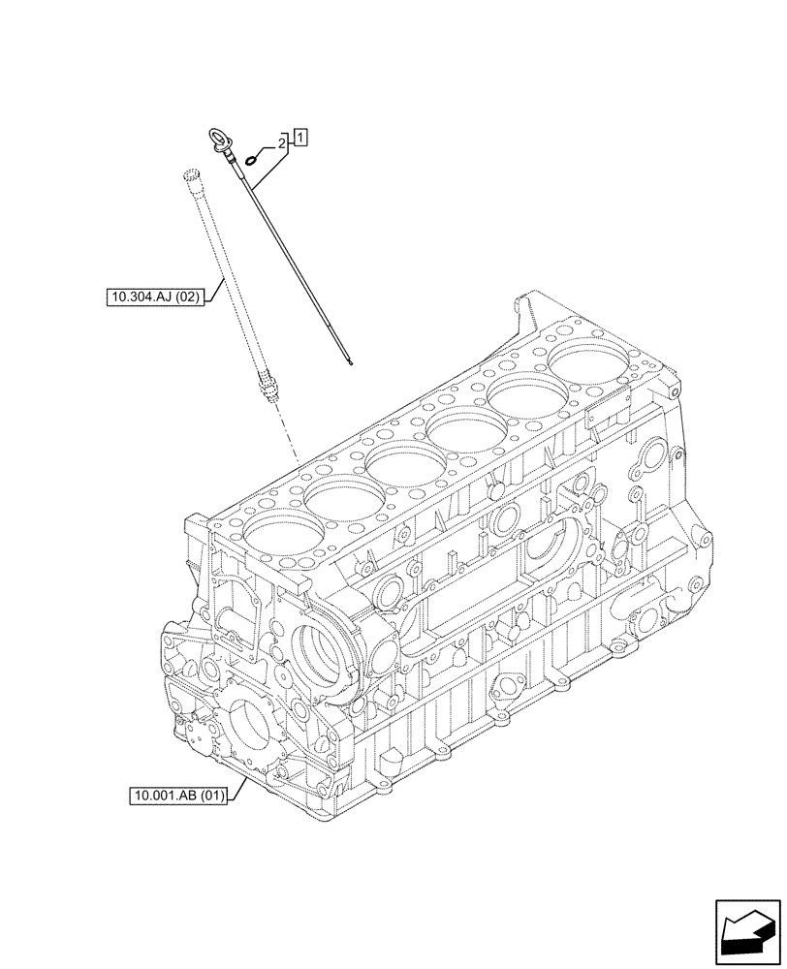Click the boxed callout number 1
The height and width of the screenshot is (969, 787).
tap(301, 138)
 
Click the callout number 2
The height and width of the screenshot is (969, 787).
tap(282, 143)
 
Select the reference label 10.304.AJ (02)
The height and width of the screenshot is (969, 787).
tap(155, 297)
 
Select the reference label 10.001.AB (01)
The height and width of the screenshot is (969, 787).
tap(179, 797)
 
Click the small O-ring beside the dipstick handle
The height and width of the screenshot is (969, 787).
tap(254, 159)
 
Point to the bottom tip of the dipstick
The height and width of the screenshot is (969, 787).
tap(351, 364)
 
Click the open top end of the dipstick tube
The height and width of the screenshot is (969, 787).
tap(190, 174)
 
